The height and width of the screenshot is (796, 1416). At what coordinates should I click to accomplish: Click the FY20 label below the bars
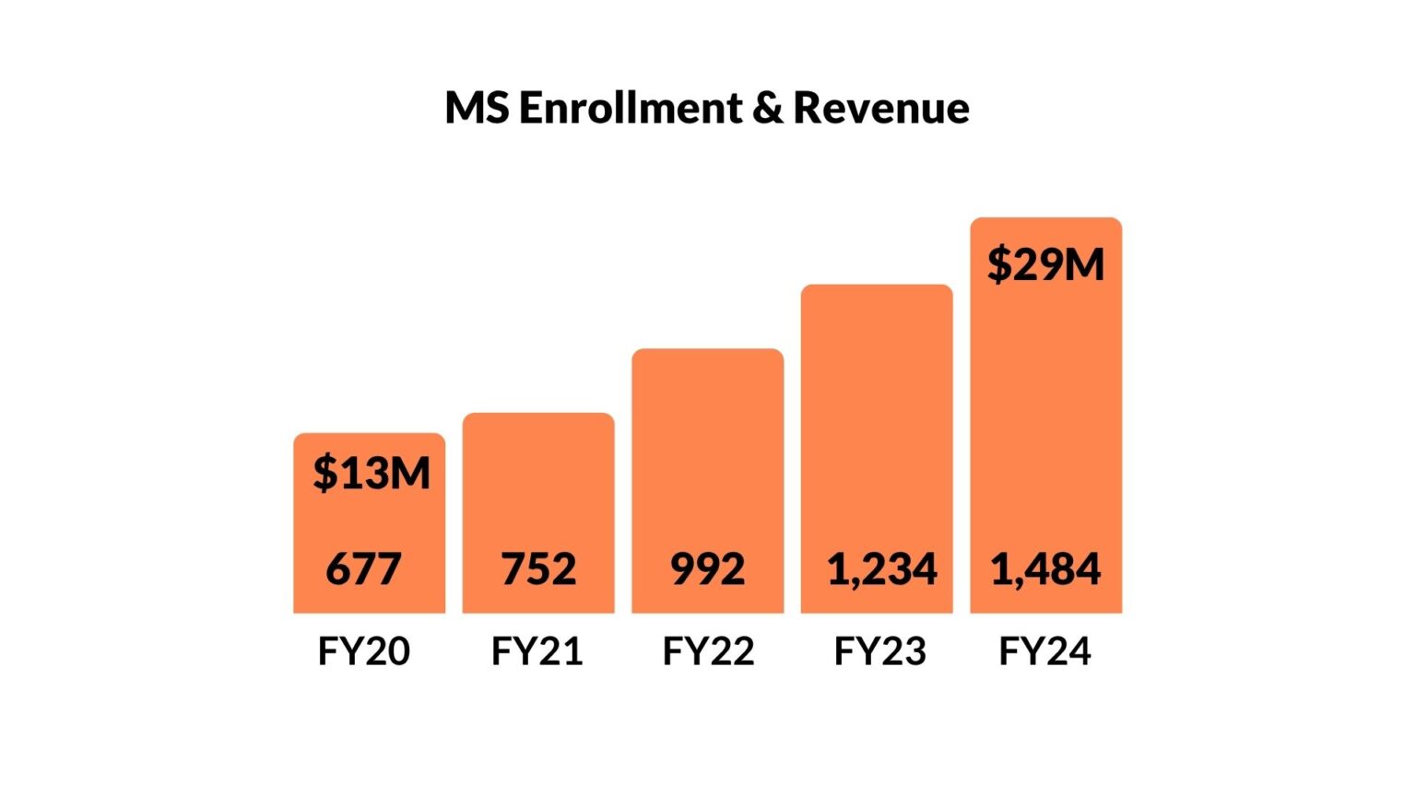363,651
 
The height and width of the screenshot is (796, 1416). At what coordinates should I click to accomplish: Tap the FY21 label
537,651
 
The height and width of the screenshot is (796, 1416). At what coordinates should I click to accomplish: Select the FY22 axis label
708,651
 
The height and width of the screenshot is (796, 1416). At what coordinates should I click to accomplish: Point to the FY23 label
879,651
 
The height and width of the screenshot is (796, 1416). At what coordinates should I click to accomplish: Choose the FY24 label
1044,651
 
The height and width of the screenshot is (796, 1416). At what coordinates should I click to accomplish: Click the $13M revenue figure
372,473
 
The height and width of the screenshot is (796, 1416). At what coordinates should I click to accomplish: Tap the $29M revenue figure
1045,264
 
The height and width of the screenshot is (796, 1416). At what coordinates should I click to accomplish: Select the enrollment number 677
363,568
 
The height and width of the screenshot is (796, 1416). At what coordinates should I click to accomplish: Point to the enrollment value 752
538,568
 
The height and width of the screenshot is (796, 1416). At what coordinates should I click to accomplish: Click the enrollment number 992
707,568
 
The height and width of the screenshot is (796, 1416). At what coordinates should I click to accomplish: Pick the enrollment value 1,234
881,569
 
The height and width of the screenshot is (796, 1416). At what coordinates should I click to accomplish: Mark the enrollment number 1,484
1045,569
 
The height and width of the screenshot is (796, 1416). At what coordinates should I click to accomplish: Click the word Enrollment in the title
630,108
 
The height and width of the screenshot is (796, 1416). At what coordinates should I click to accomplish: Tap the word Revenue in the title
880,108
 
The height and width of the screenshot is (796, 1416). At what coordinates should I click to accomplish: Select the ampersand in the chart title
767,108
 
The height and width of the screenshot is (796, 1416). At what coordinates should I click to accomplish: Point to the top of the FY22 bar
707,351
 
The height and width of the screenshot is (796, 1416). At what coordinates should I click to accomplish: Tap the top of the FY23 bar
876,287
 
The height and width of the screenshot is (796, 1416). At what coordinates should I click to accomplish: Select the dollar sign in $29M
998,264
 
